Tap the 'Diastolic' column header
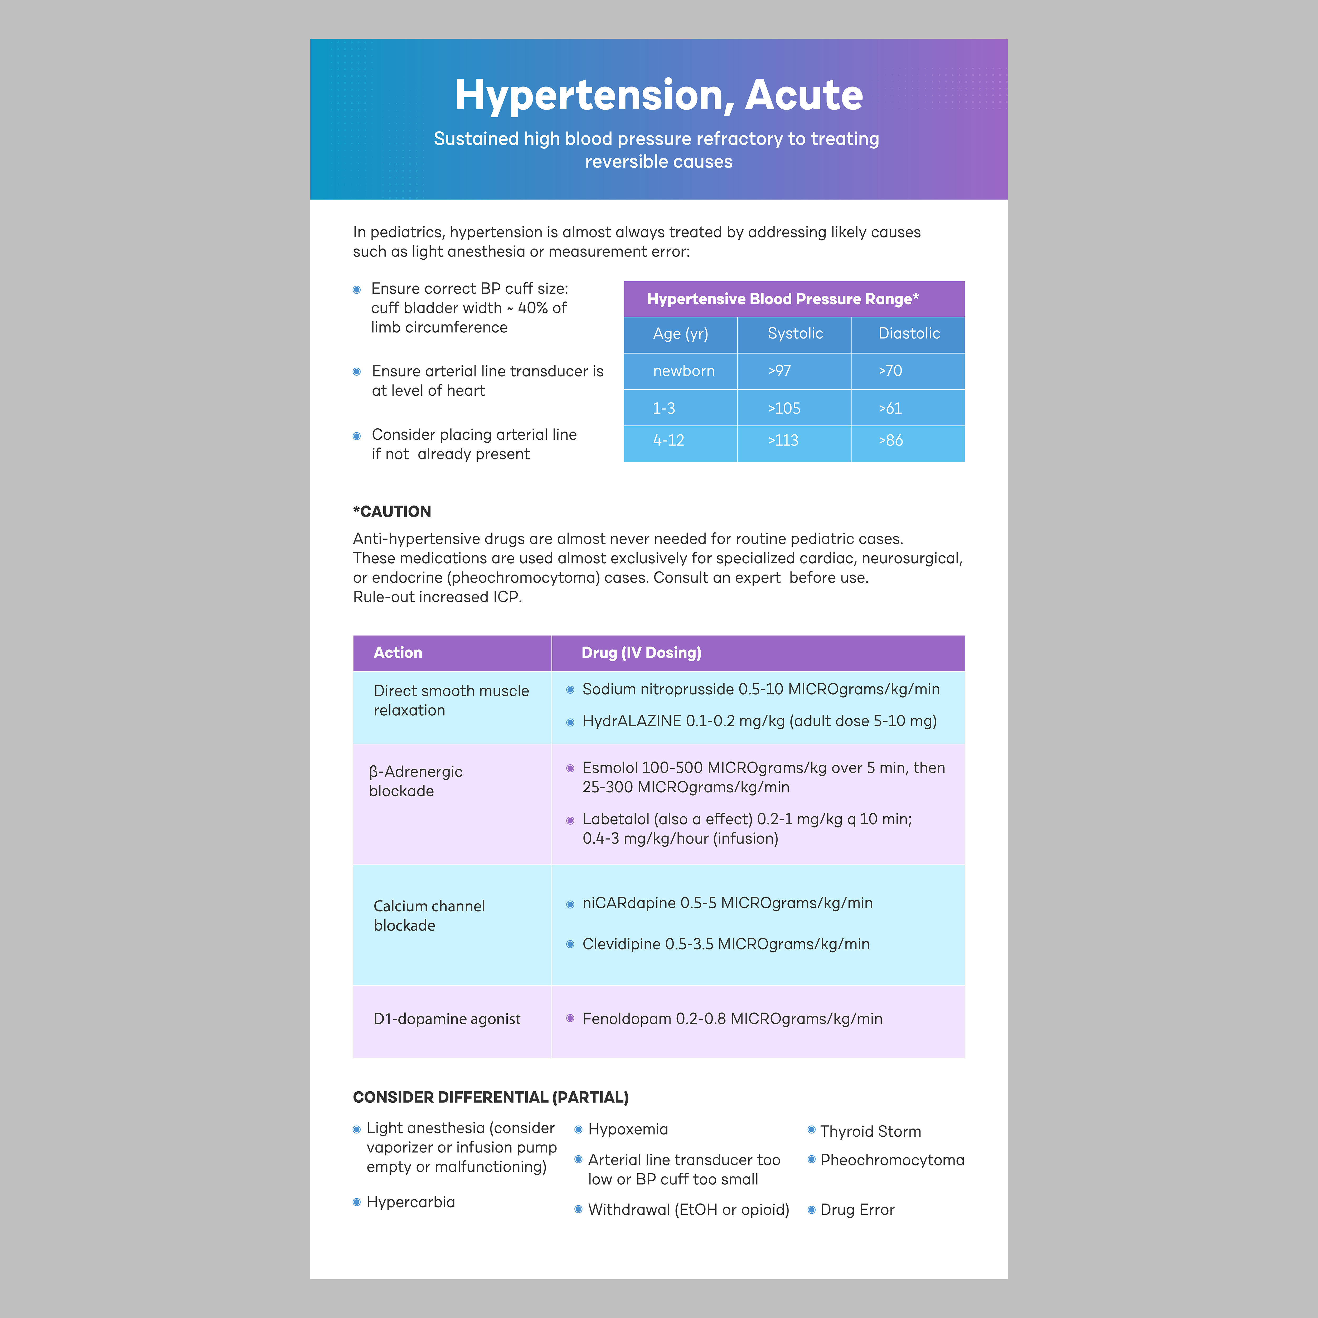[909, 334]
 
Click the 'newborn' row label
[684, 371]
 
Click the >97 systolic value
[779, 371]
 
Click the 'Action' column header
[398, 653]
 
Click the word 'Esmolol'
[609, 768]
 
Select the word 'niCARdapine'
[628, 903]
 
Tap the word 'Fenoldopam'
[626, 1019]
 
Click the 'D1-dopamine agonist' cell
[447, 1019]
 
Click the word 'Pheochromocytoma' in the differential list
[892, 1160]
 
